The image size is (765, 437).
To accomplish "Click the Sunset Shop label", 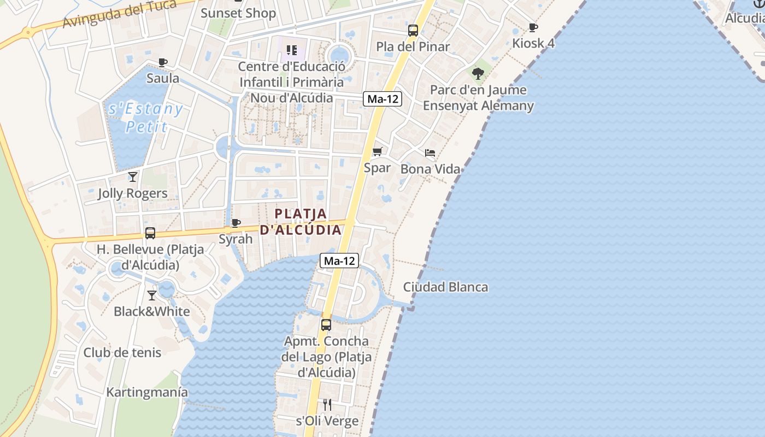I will (238, 13).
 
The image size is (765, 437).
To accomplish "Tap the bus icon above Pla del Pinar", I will (413, 31).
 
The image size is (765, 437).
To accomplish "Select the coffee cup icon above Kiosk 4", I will (533, 27).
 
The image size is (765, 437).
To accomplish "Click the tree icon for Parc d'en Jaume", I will (478, 73).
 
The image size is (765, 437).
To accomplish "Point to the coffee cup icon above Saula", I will (162, 62).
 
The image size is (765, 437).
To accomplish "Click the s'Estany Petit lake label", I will (146, 117).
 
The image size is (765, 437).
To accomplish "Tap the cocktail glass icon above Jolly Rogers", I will (132, 176).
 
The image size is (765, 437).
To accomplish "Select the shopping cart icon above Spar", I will (378, 151).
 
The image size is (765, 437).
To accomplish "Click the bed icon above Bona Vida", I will (430, 153).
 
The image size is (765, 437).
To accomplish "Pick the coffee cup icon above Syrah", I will (236, 223).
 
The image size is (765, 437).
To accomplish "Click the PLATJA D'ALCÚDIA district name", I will (301, 222).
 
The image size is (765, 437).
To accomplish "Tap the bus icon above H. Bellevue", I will (150, 233).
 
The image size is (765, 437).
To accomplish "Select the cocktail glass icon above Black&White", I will (152, 296).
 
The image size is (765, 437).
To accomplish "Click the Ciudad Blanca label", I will (445, 287).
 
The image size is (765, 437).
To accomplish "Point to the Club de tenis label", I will (122, 352).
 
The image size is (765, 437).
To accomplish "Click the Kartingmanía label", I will (147, 392).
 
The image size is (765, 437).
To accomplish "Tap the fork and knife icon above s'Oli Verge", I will (327, 404).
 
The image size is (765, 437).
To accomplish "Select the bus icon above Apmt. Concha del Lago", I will (326, 325).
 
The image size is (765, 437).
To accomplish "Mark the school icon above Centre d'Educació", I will (291, 50).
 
